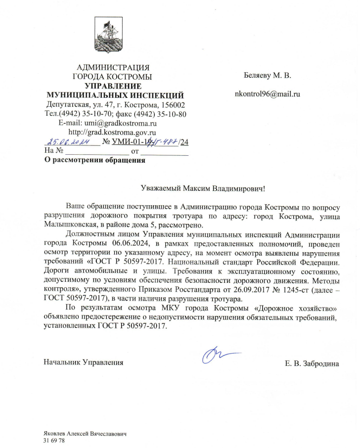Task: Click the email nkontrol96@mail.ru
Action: click(x=267, y=93)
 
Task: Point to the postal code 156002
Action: click(x=172, y=105)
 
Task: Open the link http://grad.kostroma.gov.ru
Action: click(x=112, y=133)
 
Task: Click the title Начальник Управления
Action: click(x=84, y=363)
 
